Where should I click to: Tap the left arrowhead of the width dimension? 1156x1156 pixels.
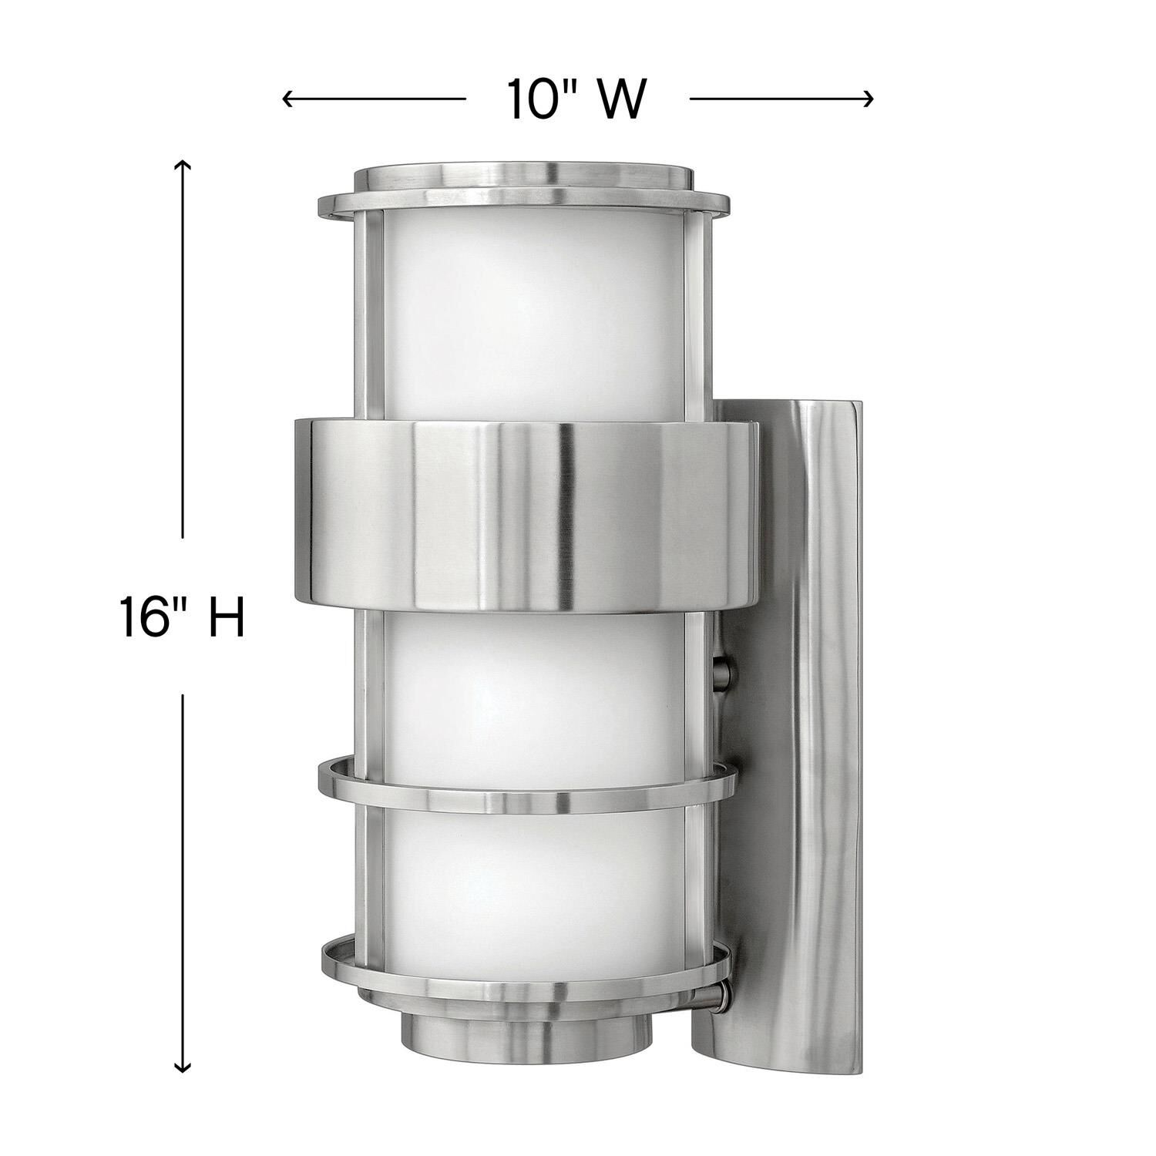click(287, 99)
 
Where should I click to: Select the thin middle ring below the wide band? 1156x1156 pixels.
click(524, 786)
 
